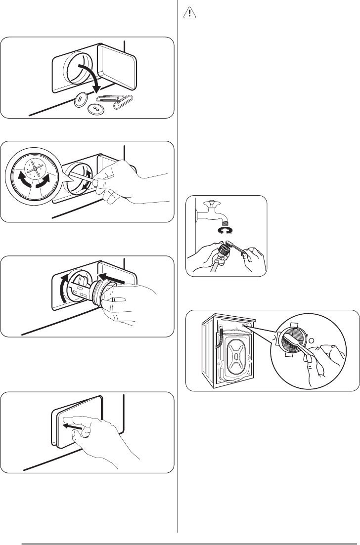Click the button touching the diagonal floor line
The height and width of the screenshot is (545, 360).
[x=79, y=101]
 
